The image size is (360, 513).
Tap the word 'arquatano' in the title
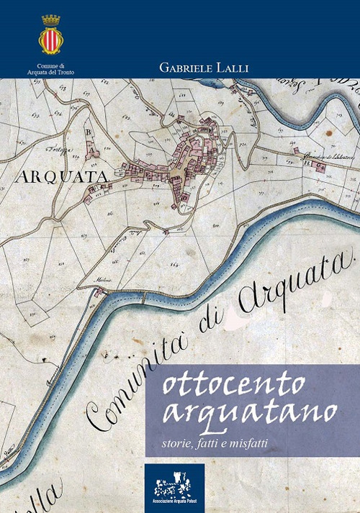pos(249,412)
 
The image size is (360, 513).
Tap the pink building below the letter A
pos(92,151)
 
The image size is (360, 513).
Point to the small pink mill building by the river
pos(99,291)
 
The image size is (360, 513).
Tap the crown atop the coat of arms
pos(50,20)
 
